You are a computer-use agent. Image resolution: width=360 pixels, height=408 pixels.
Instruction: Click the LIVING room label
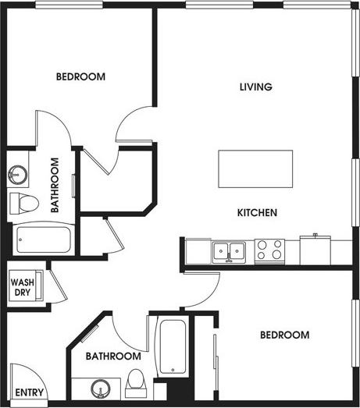click(255, 87)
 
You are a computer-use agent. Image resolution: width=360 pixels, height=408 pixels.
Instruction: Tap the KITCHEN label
click(258, 212)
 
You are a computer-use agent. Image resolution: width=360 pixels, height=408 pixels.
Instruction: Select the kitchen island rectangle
click(255, 168)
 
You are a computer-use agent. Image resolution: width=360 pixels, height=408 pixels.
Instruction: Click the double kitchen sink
click(230, 251)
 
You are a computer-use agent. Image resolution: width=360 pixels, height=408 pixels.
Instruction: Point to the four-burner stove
click(270, 250)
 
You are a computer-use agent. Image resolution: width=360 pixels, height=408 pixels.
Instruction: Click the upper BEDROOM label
click(80, 76)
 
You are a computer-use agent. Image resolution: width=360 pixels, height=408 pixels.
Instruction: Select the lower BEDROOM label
click(284, 335)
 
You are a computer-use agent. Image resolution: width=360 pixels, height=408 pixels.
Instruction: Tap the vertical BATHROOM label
click(55, 185)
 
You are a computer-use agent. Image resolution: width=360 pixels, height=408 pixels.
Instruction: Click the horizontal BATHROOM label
click(113, 356)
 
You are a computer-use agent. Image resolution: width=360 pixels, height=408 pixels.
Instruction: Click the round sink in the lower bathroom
click(99, 387)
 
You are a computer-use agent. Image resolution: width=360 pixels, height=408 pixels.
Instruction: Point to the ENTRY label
click(29, 392)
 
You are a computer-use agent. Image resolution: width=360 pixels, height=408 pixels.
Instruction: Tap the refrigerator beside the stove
click(315, 250)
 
